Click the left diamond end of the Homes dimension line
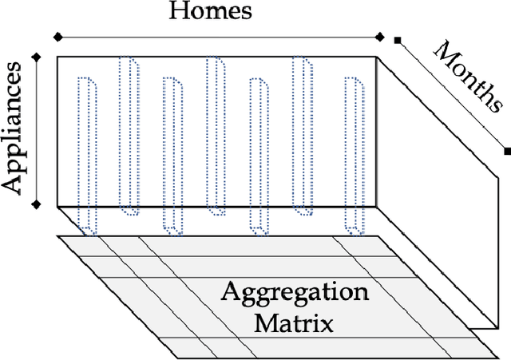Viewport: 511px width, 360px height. (57, 36)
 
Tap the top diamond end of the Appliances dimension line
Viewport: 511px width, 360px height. (36, 55)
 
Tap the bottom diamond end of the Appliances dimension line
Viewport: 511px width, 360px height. (36, 206)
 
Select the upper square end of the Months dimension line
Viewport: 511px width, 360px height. (397, 39)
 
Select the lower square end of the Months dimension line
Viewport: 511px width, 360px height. (507, 150)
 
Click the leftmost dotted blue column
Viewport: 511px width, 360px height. (87, 156)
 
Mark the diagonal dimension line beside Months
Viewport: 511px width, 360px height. (452, 94)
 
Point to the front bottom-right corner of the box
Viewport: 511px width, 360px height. (376, 206)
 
